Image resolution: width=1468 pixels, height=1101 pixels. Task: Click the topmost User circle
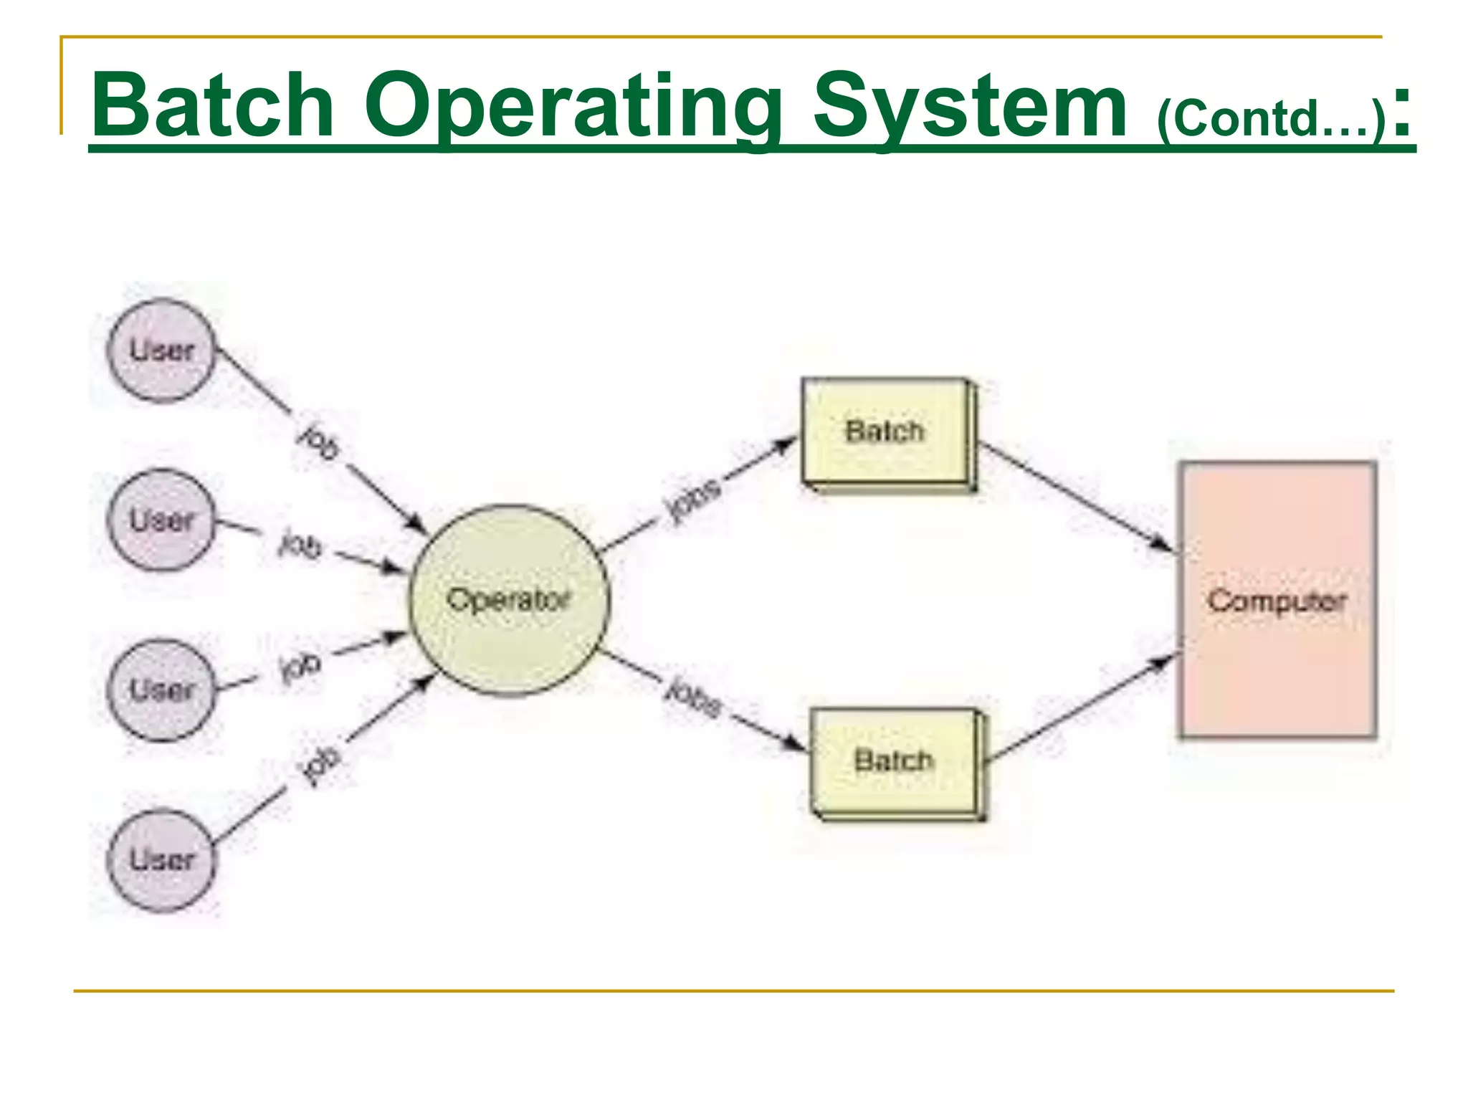point(161,351)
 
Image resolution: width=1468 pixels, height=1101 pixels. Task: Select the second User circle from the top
point(161,520)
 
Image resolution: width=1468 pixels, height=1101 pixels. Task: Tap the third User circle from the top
point(161,690)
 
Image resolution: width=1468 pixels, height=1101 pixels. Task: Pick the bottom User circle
point(161,860)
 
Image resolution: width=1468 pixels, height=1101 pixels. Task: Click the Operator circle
point(509,600)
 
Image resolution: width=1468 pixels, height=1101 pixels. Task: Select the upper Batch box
point(886,432)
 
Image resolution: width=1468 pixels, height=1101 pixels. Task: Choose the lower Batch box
point(895,761)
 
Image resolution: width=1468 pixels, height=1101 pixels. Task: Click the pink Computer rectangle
point(1278,600)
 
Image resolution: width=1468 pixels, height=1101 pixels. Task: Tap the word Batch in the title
point(213,105)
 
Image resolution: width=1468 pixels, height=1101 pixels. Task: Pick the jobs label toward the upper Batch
point(692,500)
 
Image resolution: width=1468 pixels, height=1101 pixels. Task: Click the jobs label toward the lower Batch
point(694,697)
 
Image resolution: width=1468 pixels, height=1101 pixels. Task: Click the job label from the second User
point(300,545)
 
